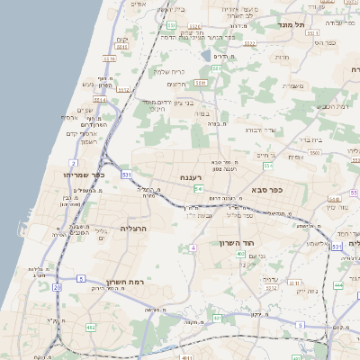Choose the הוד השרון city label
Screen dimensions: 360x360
(238, 243)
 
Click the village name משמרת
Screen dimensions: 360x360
(293, 86)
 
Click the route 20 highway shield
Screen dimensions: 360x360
(57, 287)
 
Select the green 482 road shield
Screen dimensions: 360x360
(91, 328)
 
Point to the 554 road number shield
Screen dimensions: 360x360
(267, 166)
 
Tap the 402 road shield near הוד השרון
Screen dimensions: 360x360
(240, 256)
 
